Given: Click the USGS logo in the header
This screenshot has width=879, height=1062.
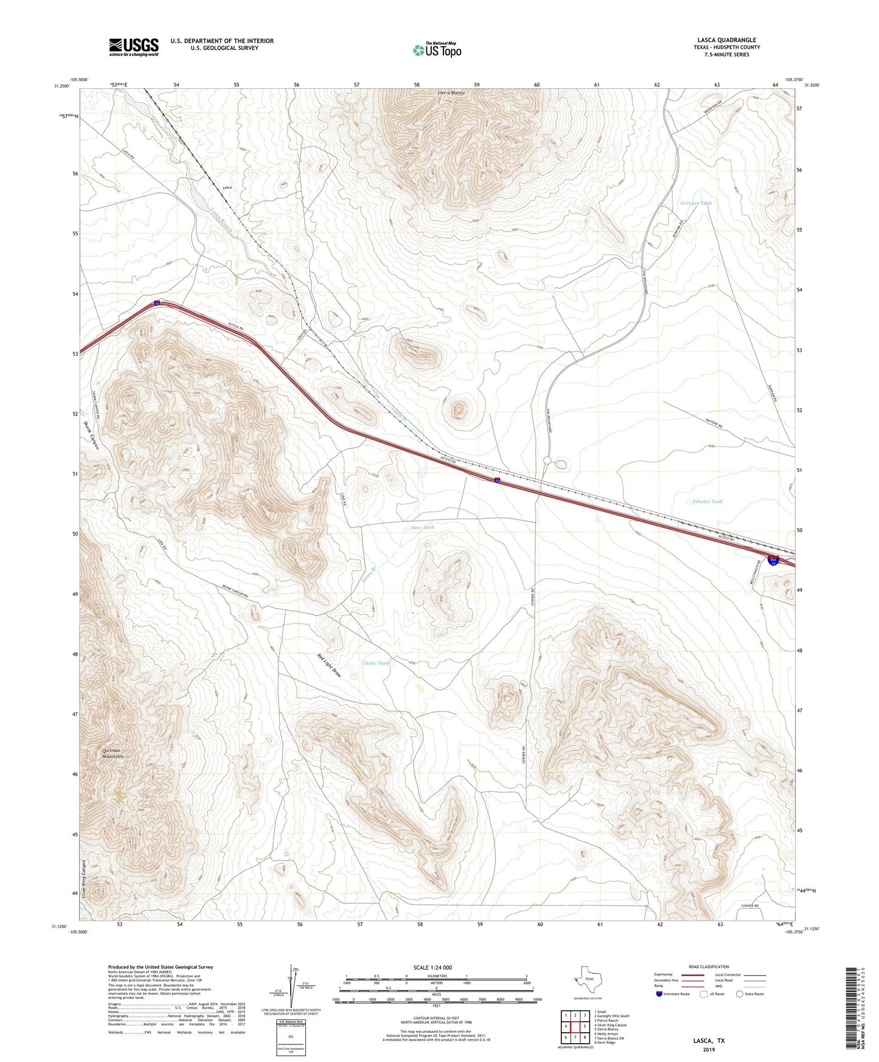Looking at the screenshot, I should (134, 47).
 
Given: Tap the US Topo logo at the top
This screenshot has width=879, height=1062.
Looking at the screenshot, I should (436, 50).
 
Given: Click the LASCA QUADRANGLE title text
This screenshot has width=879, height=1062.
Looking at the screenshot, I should (726, 40).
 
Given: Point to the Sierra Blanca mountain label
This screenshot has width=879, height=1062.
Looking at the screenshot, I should (451, 93).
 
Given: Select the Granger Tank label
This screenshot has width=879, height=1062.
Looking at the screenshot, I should (695, 203).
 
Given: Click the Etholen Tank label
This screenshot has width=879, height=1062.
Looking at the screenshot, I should (707, 502).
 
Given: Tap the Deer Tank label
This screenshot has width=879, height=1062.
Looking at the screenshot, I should (423, 527).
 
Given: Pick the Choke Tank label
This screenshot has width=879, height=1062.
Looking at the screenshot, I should (375, 663).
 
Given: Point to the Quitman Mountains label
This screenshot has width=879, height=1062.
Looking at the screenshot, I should (113, 754).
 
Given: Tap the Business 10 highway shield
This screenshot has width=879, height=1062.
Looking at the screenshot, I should (773, 561).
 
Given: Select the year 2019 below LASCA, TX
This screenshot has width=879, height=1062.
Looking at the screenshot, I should (709, 1049).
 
